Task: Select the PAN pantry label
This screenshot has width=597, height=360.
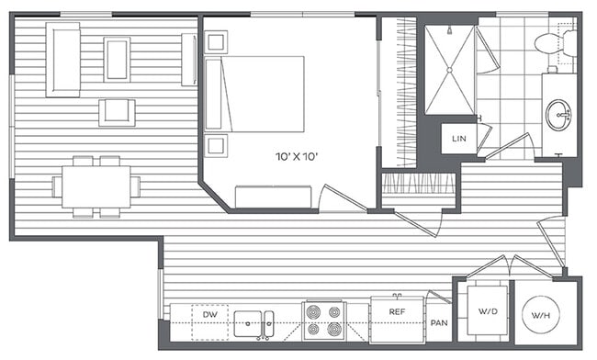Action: tap(440, 322)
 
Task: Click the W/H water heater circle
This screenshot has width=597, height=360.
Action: tap(543, 317)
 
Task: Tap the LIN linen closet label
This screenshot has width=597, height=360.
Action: tap(457, 138)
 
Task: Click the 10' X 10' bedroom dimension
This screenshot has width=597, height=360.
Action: tap(296, 157)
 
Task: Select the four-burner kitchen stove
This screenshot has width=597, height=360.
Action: tap(323, 321)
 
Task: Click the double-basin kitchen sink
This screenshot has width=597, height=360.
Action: tap(254, 323)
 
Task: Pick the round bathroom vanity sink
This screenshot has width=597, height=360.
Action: tap(558, 116)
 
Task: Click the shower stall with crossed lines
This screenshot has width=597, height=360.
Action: tap(449, 67)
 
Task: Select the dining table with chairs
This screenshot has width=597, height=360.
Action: tap(96, 186)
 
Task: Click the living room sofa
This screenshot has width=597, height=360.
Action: tap(63, 59)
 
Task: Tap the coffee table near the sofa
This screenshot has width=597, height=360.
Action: tap(117, 59)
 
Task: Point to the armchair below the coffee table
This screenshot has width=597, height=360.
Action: tap(117, 111)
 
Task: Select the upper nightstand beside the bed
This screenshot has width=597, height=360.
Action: tap(217, 42)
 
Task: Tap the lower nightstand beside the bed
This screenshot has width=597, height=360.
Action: tap(217, 144)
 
